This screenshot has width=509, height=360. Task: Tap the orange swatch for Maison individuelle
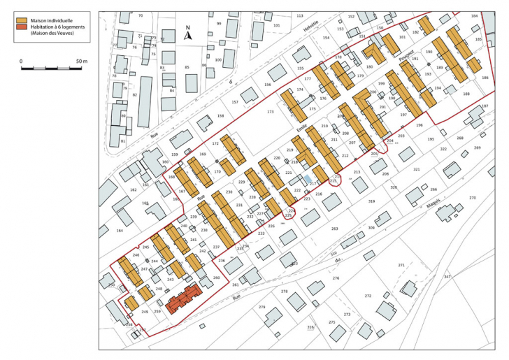pyautogui.click(x=22, y=22)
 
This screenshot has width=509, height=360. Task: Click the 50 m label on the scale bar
pyautogui.click(x=81, y=62)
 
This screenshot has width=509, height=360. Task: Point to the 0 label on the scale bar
pyautogui.click(x=21, y=62)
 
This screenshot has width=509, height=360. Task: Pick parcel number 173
pyautogui.click(x=271, y=112)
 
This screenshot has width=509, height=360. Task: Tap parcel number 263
pyautogui.click(x=334, y=229)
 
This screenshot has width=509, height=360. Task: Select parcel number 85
pyautogui.click(x=187, y=67)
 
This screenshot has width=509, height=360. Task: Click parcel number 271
pyautogui.click(x=401, y=266)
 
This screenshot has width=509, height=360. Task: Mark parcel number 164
pyautogui.click(x=120, y=230)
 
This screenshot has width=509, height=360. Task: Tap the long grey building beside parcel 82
pyautogui.click(x=145, y=101)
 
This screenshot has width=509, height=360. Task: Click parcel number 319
pyautogui.click(x=371, y=201)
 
